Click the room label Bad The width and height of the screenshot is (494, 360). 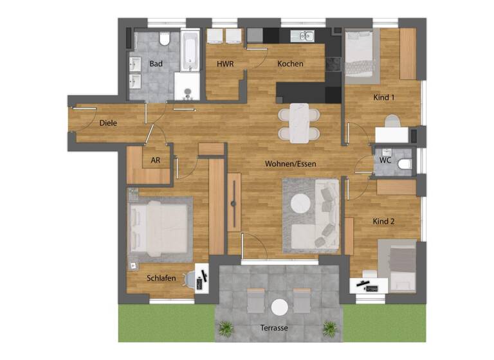point(156,64)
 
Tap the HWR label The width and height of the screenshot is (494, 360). point(224,64)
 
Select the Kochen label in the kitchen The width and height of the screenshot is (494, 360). point(290,64)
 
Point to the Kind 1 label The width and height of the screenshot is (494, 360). point(383,97)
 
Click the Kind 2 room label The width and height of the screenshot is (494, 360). point(383,221)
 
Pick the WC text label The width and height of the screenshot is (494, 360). point(385,159)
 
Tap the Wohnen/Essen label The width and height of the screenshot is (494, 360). point(290,164)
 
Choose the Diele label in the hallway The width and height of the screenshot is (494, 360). point(108,123)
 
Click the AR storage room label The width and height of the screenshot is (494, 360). point(155,161)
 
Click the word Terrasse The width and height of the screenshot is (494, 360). point(274,328)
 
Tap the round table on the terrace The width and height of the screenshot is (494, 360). point(279,307)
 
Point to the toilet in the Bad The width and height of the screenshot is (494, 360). point(164,40)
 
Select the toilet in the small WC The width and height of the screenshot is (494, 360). point(404,164)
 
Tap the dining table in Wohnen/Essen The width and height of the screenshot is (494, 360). point(298,123)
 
